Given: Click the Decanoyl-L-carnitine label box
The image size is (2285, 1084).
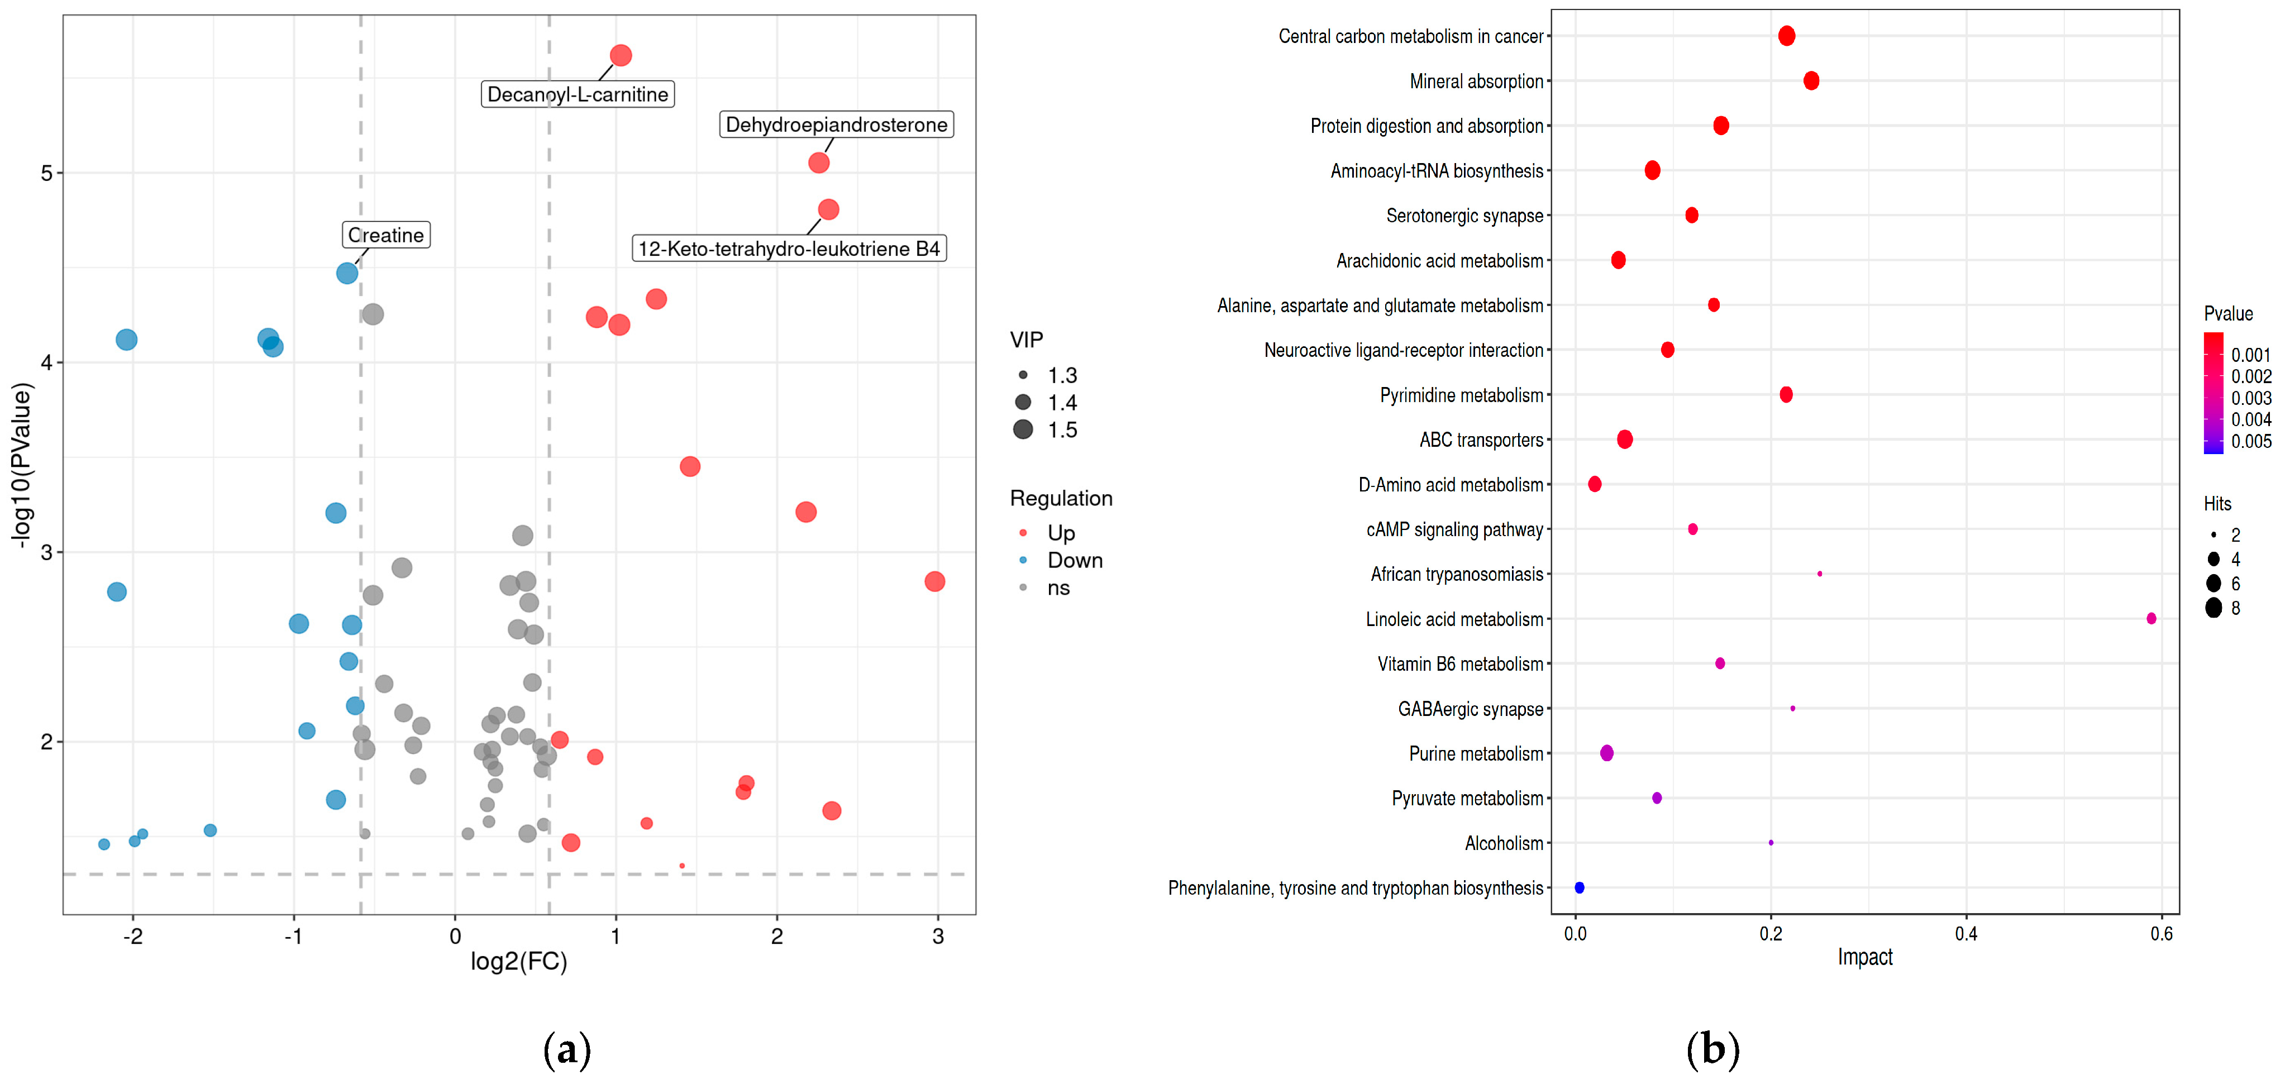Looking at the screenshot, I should [578, 94].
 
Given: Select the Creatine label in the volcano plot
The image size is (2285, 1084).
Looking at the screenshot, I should [386, 235].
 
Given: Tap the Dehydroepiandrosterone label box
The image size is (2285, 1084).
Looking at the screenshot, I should [836, 124].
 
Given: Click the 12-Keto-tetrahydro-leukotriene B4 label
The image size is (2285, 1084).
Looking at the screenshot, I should [789, 249].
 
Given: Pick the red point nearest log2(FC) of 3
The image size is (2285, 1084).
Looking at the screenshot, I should [934, 581].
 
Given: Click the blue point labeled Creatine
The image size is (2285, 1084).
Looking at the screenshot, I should [347, 273].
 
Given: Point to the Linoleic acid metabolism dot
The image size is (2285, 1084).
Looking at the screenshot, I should [2151, 618].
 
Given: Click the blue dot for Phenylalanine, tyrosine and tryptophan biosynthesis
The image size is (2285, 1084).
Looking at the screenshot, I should [1579, 887].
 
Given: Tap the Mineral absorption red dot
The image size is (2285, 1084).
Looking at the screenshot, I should [1811, 81].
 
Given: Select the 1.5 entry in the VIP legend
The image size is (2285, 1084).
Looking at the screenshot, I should [1062, 430].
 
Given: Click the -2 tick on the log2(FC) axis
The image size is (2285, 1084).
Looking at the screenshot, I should [133, 936].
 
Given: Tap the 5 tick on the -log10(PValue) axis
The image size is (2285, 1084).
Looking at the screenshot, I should [46, 173].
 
